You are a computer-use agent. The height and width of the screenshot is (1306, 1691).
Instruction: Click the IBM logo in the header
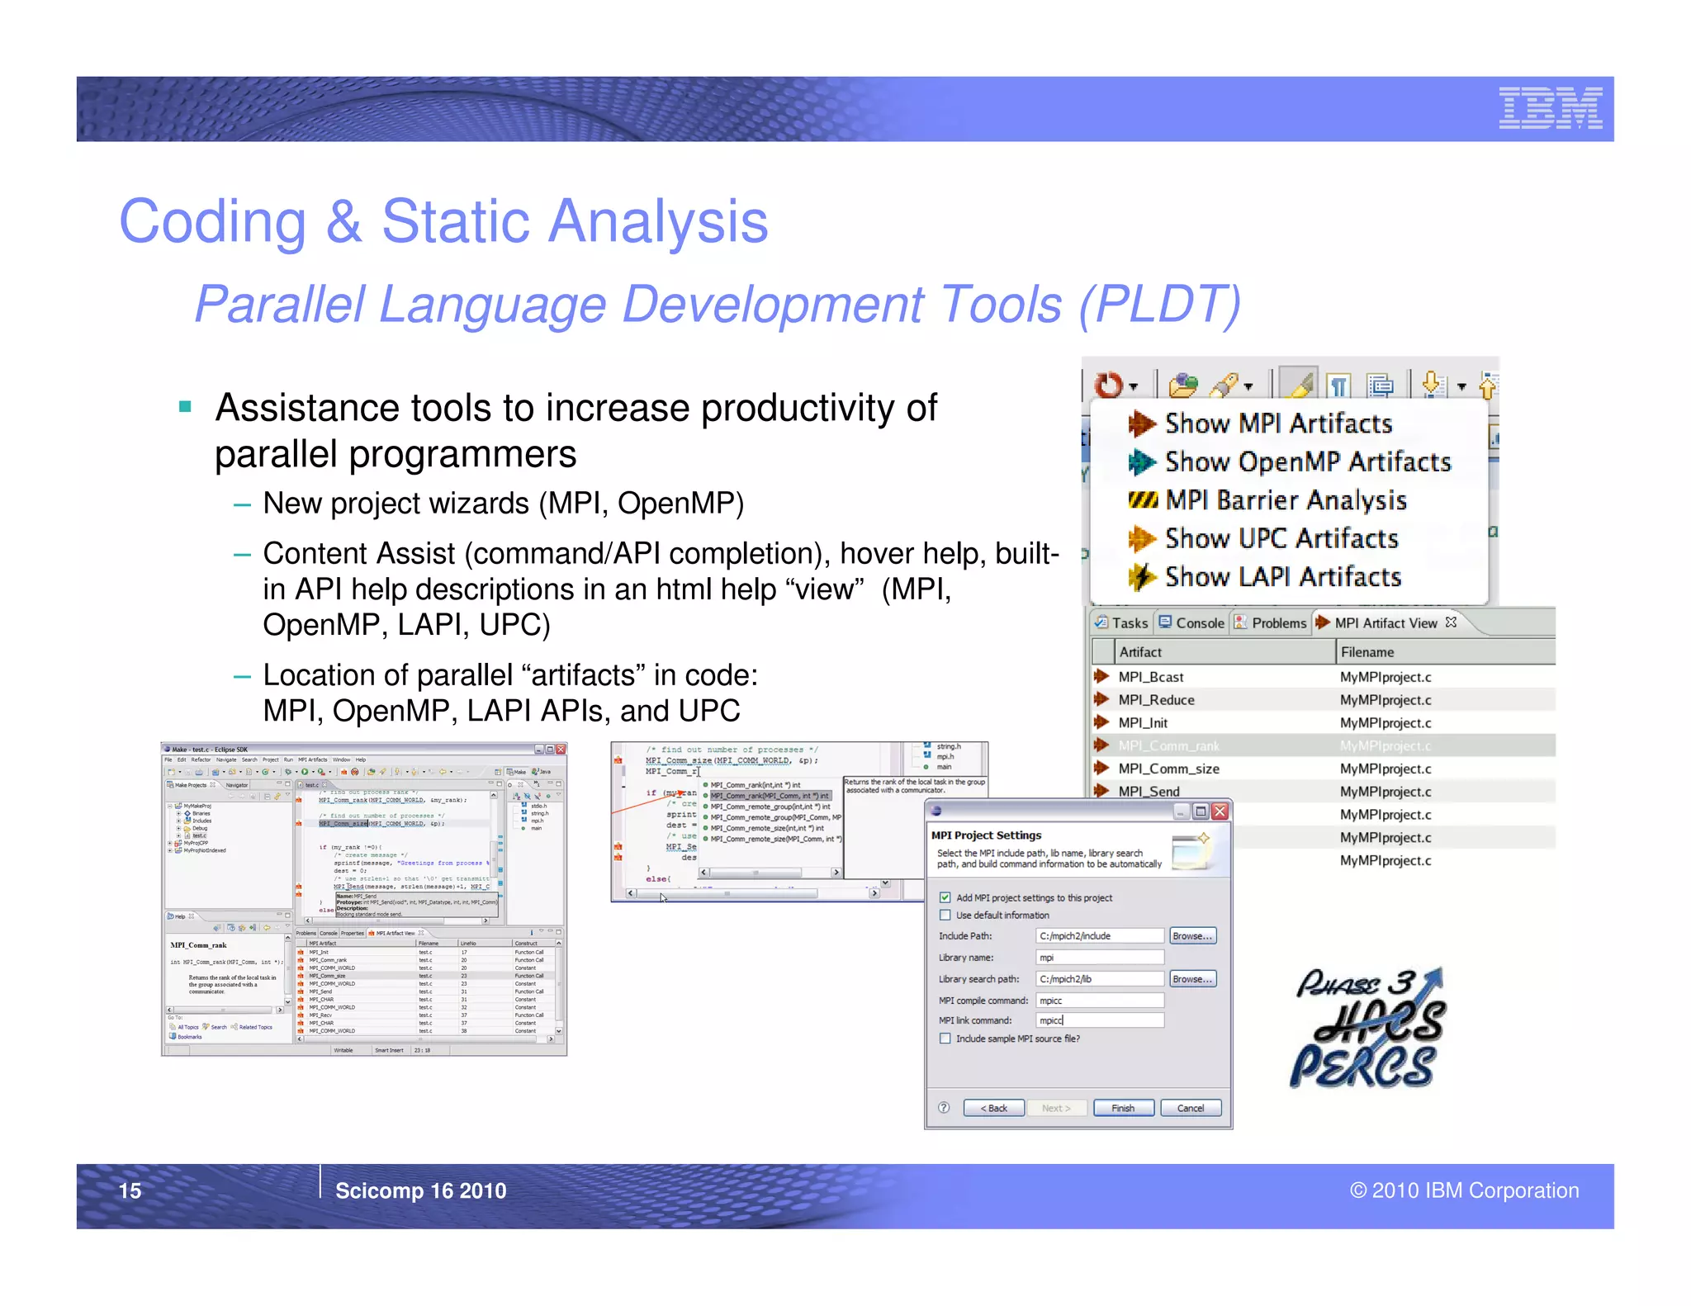pyautogui.click(x=1550, y=108)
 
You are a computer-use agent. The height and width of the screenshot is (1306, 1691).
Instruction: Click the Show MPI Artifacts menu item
pyautogui.click(x=1277, y=424)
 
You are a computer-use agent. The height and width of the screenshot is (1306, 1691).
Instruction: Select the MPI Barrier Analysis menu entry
pyautogui.click(x=1285, y=500)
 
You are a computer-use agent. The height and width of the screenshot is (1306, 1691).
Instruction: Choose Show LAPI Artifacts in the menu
pyautogui.click(x=1282, y=577)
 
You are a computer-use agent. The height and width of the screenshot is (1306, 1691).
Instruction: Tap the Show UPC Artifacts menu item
pyautogui.click(x=1281, y=539)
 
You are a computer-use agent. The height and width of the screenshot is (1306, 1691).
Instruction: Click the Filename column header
pyautogui.click(x=1367, y=652)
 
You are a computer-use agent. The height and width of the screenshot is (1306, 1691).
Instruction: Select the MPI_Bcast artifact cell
pyautogui.click(x=1150, y=677)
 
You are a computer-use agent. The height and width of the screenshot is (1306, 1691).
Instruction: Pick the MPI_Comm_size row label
pyautogui.click(x=1168, y=769)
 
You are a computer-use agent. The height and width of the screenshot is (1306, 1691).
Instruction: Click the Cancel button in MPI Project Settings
pyautogui.click(x=1190, y=1108)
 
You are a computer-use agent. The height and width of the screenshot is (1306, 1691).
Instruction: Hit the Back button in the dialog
pyautogui.click(x=993, y=1108)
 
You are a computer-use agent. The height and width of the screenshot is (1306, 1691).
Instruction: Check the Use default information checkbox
pyautogui.click(x=945, y=915)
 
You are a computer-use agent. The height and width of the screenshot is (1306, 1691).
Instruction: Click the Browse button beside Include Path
pyautogui.click(x=1192, y=936)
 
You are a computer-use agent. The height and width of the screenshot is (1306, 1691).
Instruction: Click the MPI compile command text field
pyautogui.click(x=1099, y=1000)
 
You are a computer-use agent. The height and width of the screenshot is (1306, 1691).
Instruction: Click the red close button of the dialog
pyautogui.click(x=1220, y=812)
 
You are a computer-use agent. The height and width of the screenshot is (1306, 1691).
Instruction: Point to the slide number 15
pyautogui.click(x=130, y=1190)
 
